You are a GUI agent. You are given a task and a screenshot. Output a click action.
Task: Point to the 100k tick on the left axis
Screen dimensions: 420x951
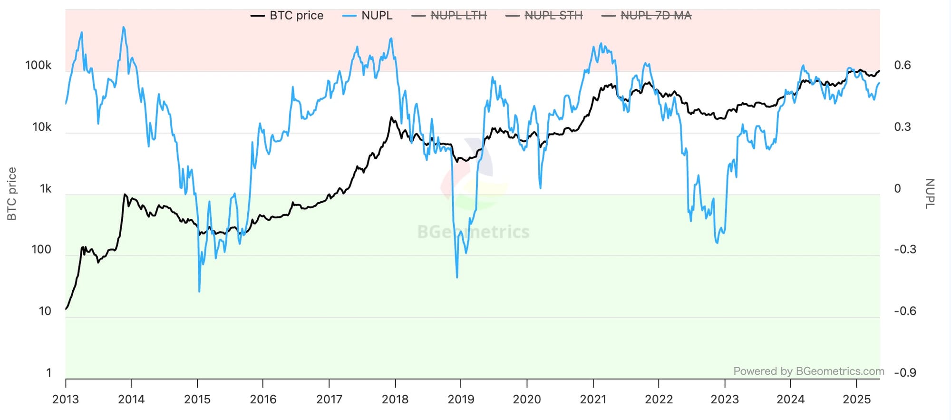point(38,65)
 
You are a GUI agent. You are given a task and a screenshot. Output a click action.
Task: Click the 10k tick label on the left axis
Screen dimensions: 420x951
point(41,127)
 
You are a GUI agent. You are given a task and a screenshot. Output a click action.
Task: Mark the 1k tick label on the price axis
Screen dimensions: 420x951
point(45,189)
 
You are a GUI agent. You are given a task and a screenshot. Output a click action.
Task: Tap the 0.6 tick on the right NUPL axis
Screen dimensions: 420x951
point(902,65)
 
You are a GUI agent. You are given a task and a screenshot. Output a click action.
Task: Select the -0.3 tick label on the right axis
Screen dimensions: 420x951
point(904,250)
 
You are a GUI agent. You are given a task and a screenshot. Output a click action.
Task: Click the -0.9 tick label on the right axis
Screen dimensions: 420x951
point(904,372)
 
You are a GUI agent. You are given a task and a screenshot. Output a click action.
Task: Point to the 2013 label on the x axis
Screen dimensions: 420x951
point(66,400)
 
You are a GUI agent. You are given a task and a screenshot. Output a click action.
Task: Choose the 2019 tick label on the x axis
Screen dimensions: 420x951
point(461,400)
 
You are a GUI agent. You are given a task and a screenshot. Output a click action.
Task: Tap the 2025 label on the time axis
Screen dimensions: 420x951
point(856,400)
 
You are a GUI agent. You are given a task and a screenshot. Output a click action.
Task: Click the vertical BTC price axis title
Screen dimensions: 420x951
point(12,194)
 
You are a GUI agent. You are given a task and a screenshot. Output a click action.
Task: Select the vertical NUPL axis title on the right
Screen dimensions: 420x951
point(930,194)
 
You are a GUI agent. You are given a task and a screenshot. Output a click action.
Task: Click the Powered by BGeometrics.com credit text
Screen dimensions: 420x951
point(808,371)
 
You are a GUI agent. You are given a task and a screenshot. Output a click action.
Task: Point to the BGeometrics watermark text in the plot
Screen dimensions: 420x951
point(473,232)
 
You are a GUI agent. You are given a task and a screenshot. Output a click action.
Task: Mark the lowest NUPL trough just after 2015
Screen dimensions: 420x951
point(199,291)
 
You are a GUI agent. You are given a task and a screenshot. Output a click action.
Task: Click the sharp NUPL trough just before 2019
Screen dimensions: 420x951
point(457,277)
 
